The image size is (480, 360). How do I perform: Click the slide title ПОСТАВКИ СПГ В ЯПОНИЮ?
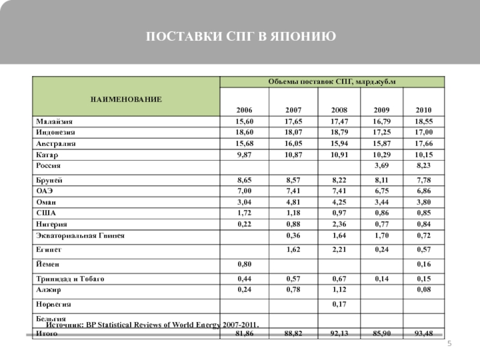tap(240, 38)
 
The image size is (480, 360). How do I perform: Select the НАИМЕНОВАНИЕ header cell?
tap(127, 97)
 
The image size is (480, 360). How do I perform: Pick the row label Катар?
tap(46, 155)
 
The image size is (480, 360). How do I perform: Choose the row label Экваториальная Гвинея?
tap(79, 235)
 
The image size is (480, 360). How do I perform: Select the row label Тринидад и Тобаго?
tap(70, 279)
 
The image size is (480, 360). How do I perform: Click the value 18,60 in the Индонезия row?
tap(244, 133)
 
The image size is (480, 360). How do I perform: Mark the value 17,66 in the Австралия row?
tap(424, 144)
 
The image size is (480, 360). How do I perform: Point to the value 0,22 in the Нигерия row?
tap(244, 224)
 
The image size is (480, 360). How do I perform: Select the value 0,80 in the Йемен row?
tap(244, 264)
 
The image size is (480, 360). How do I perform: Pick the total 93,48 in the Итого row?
tap(424, 334)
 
